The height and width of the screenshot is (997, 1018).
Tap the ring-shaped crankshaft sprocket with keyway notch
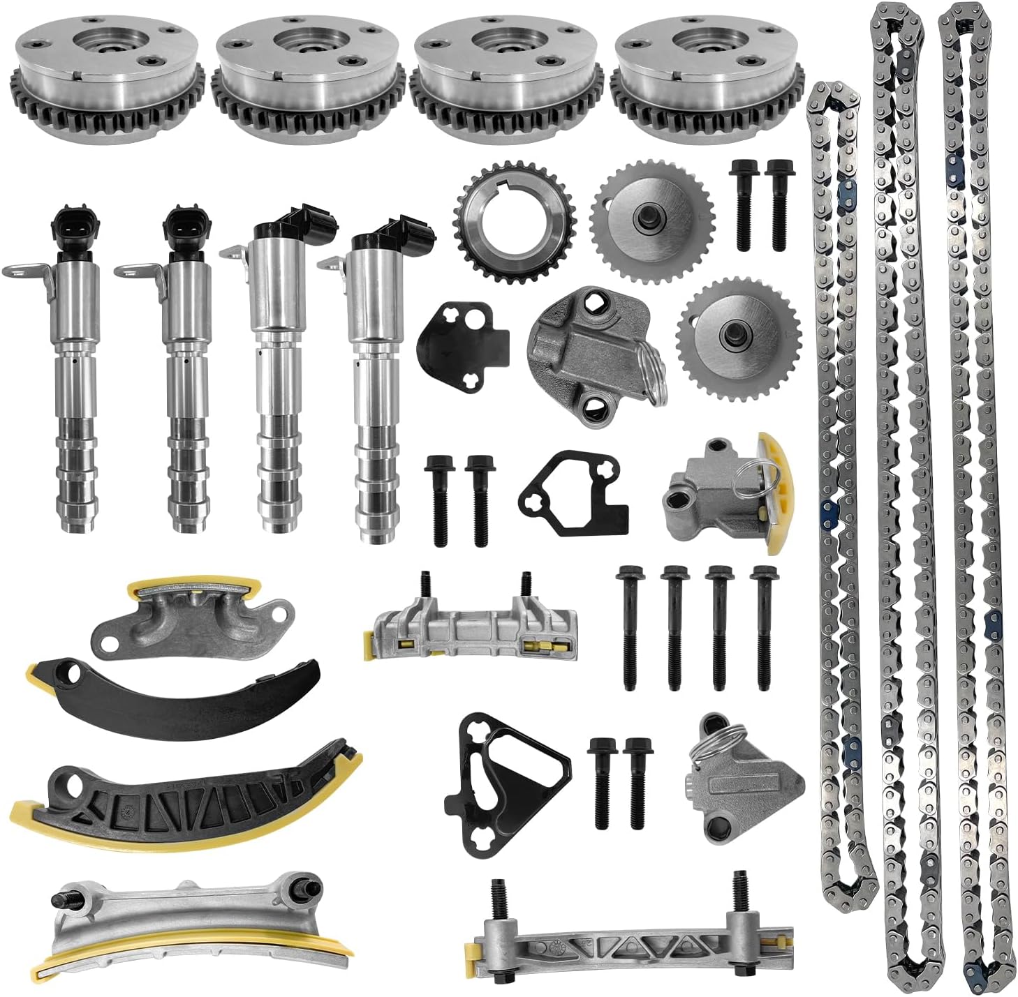(515, 222)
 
